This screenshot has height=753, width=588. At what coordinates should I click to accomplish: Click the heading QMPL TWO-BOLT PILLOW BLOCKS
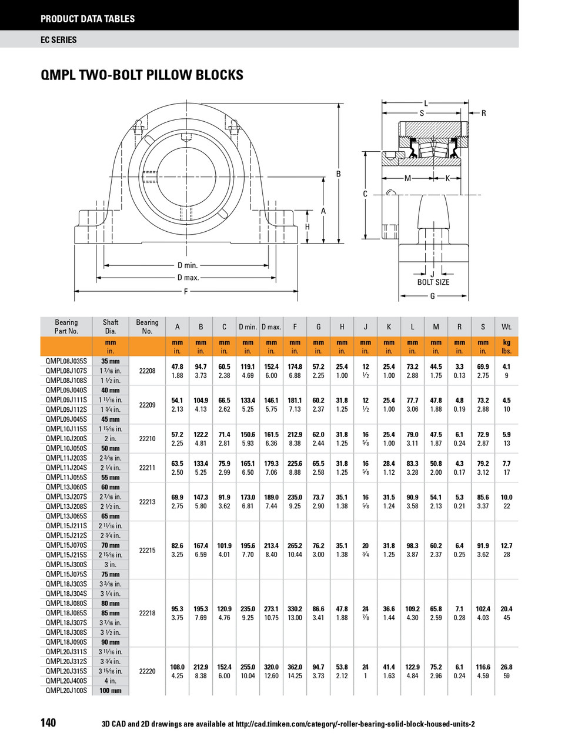pos(142,75)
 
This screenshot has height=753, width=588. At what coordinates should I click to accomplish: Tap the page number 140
pos(49,722)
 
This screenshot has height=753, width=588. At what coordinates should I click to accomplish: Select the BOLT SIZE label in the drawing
pos(433,282)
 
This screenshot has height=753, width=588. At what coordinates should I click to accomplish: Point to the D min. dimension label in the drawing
pos(188,265)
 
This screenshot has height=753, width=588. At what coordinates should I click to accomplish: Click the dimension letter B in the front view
pos(338,174)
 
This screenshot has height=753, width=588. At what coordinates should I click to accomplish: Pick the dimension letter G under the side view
pos(432,296)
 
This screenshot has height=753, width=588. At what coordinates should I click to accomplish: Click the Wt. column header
pos(506,326)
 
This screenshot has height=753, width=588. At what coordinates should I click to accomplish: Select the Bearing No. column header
pos(147,326)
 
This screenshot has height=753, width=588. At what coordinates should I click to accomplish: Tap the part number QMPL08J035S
pos(66,361)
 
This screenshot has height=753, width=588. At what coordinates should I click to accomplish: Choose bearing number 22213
pos(147,502)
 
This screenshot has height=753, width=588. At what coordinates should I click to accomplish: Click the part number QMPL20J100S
pos(66,690)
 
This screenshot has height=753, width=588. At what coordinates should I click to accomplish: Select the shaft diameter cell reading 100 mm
pos(111,690)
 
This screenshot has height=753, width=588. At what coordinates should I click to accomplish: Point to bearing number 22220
pos(147,671)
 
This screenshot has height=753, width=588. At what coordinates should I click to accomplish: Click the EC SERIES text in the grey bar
pos(59,40)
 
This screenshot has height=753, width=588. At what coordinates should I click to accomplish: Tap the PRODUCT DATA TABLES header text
pos(88,19)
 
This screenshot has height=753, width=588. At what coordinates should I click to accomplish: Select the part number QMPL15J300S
pos(66,564)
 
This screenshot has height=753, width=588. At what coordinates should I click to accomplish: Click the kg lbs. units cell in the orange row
pos(506,346)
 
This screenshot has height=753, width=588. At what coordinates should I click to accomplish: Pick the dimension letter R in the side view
pos(483,114)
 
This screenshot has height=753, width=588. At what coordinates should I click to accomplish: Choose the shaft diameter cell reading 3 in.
pos(111,564)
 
